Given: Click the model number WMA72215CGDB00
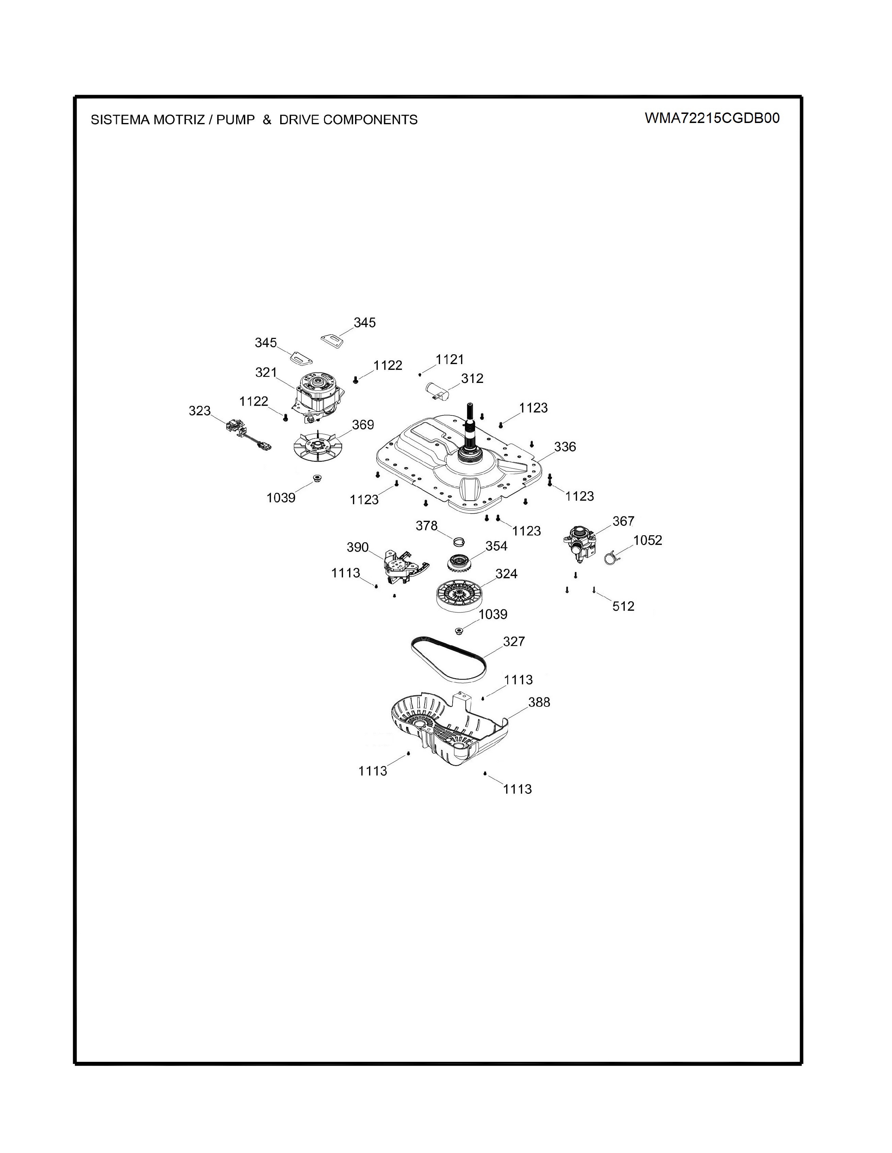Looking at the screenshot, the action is click(x=712, y=118).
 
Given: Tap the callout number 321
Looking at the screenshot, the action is click(x=266, y=373).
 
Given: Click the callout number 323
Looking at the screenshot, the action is click(x=200, y=411).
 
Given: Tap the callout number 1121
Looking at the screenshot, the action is click(x=449, y=360).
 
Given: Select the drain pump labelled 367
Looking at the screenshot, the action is click(x=581, y=543).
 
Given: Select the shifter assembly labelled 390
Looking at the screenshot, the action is click(x=404, y=566).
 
